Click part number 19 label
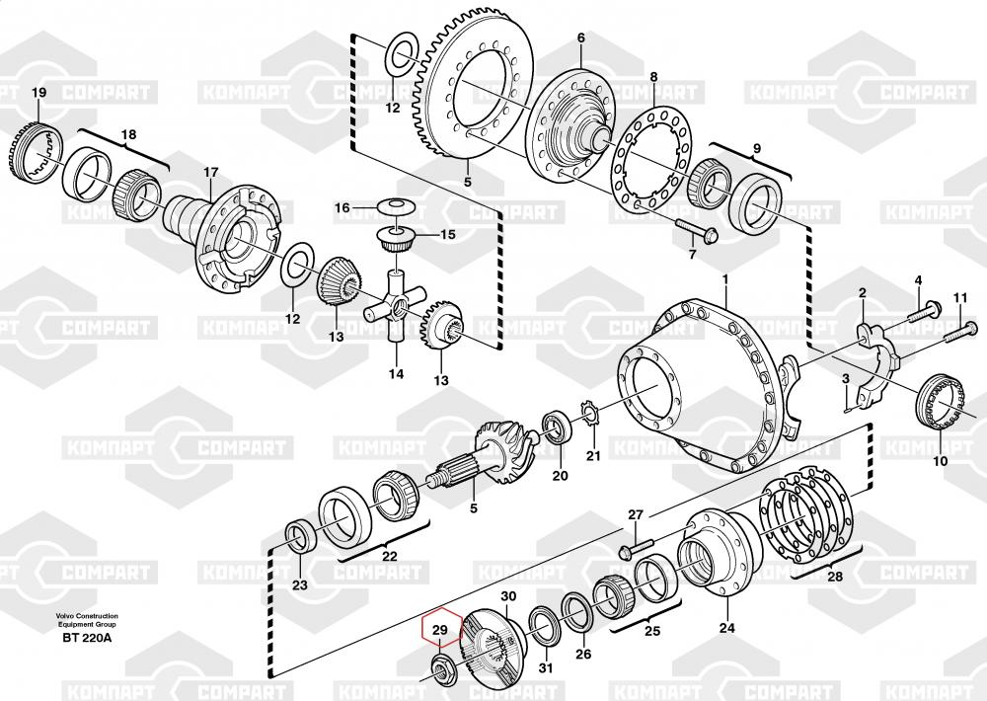click(x=39, y=94)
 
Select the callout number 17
click(x=210, y=173)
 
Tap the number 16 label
click(x=342, y=207)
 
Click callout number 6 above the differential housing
click(x=581, y=39)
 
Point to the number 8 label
click(x=652, y=77)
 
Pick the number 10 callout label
click(x=939, y=460)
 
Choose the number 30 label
click(x=508, y=596)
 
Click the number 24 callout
click(x=726, y=627)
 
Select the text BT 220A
click(x=87, y=638)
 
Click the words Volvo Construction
click(x=87, y=616)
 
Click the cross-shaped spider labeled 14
click(x=396, y=312)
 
